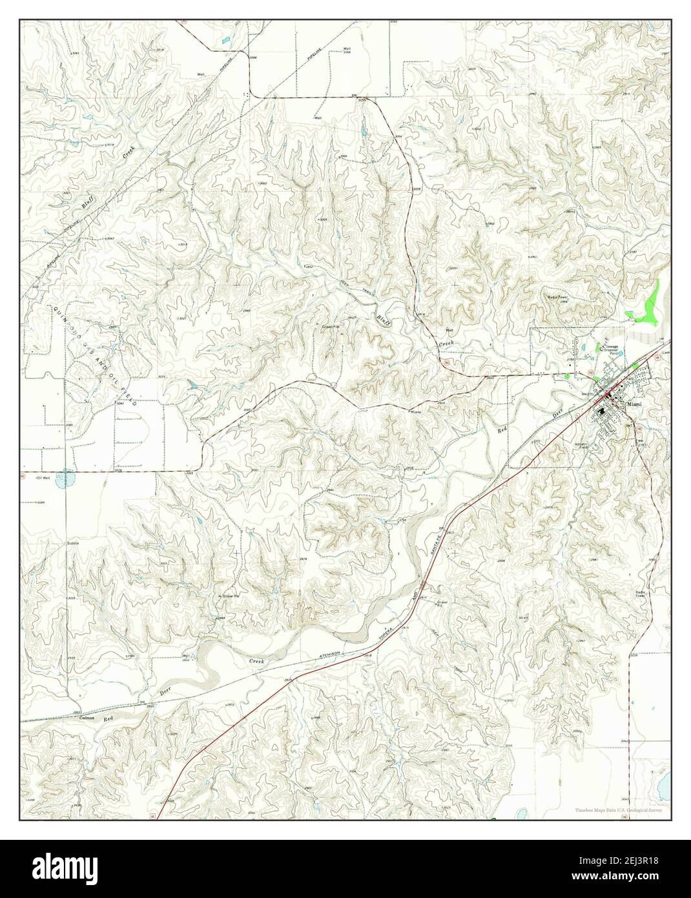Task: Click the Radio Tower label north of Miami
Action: coord(557,298)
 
